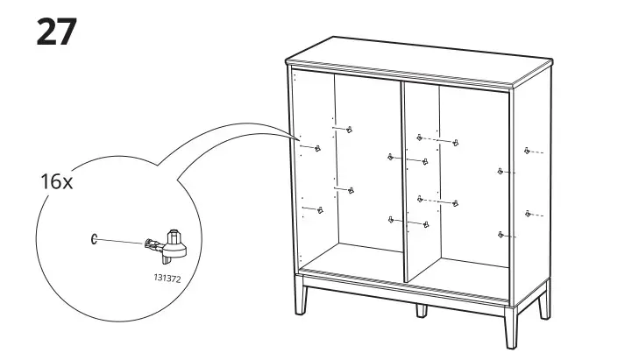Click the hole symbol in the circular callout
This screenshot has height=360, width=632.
94,237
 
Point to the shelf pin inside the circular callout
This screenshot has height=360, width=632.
169,244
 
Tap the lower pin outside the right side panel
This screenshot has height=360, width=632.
527,213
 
